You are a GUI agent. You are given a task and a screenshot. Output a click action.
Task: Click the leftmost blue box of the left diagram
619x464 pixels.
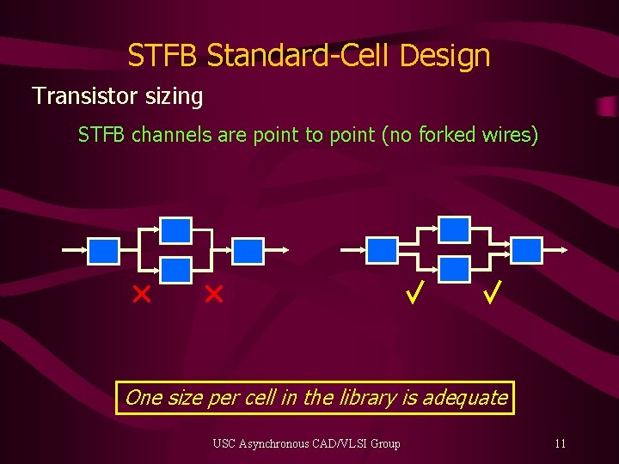(x=104, y=251)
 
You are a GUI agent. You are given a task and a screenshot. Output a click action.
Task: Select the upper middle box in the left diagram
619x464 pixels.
(x=176, y=230)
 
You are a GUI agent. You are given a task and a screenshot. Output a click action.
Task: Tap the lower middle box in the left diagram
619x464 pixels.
(x=176, y=271)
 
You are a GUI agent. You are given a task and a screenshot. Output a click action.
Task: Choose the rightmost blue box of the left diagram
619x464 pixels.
(x=248, y=251)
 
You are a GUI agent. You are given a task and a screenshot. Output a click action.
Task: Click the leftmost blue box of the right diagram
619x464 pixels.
(x=383, y=251)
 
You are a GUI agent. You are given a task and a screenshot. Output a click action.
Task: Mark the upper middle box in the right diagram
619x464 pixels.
(x=455, y=230)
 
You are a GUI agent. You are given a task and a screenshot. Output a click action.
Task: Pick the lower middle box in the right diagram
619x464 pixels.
(x=455, y=271)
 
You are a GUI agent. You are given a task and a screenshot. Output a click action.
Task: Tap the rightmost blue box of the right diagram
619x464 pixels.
(x=527, y=251)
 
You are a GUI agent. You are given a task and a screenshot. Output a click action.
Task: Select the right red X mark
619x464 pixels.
(x=213, y=296)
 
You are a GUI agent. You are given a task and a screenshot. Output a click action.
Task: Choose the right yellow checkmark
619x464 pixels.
(x=491, y=295)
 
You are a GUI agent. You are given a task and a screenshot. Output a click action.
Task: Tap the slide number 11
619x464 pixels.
(x=560, y=443)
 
